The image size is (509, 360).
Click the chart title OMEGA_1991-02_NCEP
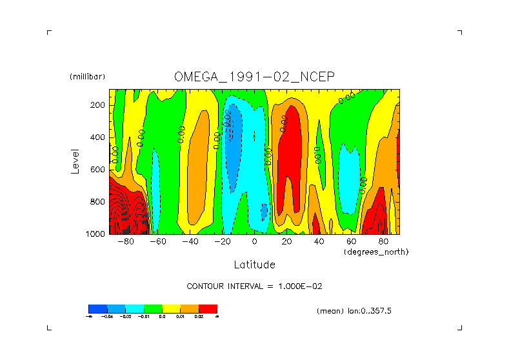(x=254, y=77)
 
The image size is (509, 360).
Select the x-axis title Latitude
(x=254, y=265)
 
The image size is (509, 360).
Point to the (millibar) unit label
(x=87, y=77)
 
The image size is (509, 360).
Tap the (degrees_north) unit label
(x=376, y=251)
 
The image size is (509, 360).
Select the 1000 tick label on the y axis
(x=95, y=234)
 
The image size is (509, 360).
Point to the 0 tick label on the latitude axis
(x=255, y=242)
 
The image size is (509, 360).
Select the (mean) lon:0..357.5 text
(x=354, y=311)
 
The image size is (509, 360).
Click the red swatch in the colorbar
(x=208, y=308)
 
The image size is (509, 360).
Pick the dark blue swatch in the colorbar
(x=97, y=308)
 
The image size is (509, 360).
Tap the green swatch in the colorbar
(x=153, y=308)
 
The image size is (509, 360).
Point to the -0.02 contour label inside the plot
(x=227, y=118)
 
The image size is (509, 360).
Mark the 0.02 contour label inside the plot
(x=283, y=123)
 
